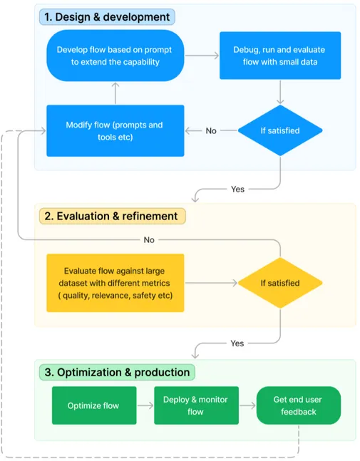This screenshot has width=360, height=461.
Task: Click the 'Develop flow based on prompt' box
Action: point(115,55)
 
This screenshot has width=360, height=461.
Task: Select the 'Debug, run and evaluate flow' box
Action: point(280,55)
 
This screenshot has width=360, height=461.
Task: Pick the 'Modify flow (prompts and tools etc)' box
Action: point(115,130)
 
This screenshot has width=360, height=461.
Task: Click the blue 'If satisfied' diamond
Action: point(279,130)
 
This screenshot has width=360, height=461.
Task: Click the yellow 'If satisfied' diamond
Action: point(279,283)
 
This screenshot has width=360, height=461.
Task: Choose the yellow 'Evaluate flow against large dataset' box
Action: point(115,283)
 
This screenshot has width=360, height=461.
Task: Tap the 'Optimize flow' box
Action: point(93,405)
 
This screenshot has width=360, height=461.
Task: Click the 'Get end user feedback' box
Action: point(298,405)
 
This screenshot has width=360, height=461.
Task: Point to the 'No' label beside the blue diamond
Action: point(211,131)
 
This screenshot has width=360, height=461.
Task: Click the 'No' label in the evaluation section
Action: point(149,240)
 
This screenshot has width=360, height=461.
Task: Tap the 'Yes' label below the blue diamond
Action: point(237,189)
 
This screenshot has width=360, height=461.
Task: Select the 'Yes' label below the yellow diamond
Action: point(237,343)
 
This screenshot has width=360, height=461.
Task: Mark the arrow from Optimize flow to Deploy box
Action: point(145,405)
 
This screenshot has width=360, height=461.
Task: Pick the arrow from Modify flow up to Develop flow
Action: point(115,93)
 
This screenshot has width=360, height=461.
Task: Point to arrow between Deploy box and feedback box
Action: point(247,405)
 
